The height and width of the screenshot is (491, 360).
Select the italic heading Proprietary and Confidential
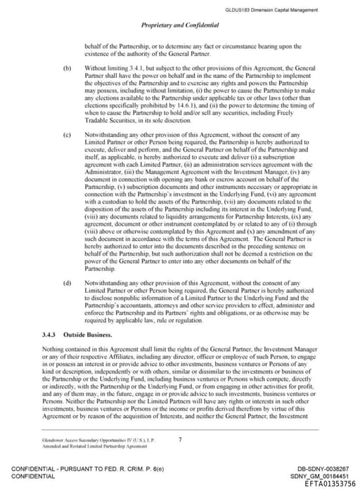(x=180, y=25)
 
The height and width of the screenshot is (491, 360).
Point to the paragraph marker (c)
(x=67, y=133)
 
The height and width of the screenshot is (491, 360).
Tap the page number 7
(x=181, y=440)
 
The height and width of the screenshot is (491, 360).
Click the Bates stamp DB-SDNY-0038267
(x=332, y=468)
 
